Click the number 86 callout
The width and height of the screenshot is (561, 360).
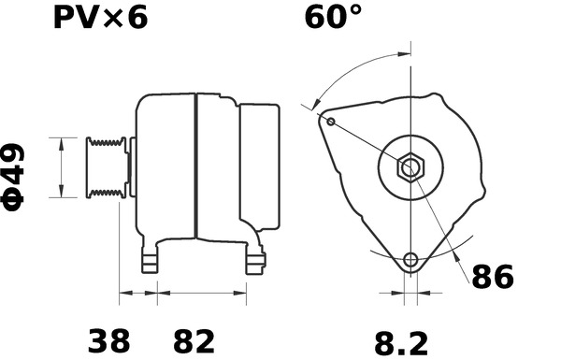click(495, 278)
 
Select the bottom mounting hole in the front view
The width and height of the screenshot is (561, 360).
click(409, 259)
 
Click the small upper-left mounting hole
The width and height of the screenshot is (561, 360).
click(329, 120)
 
